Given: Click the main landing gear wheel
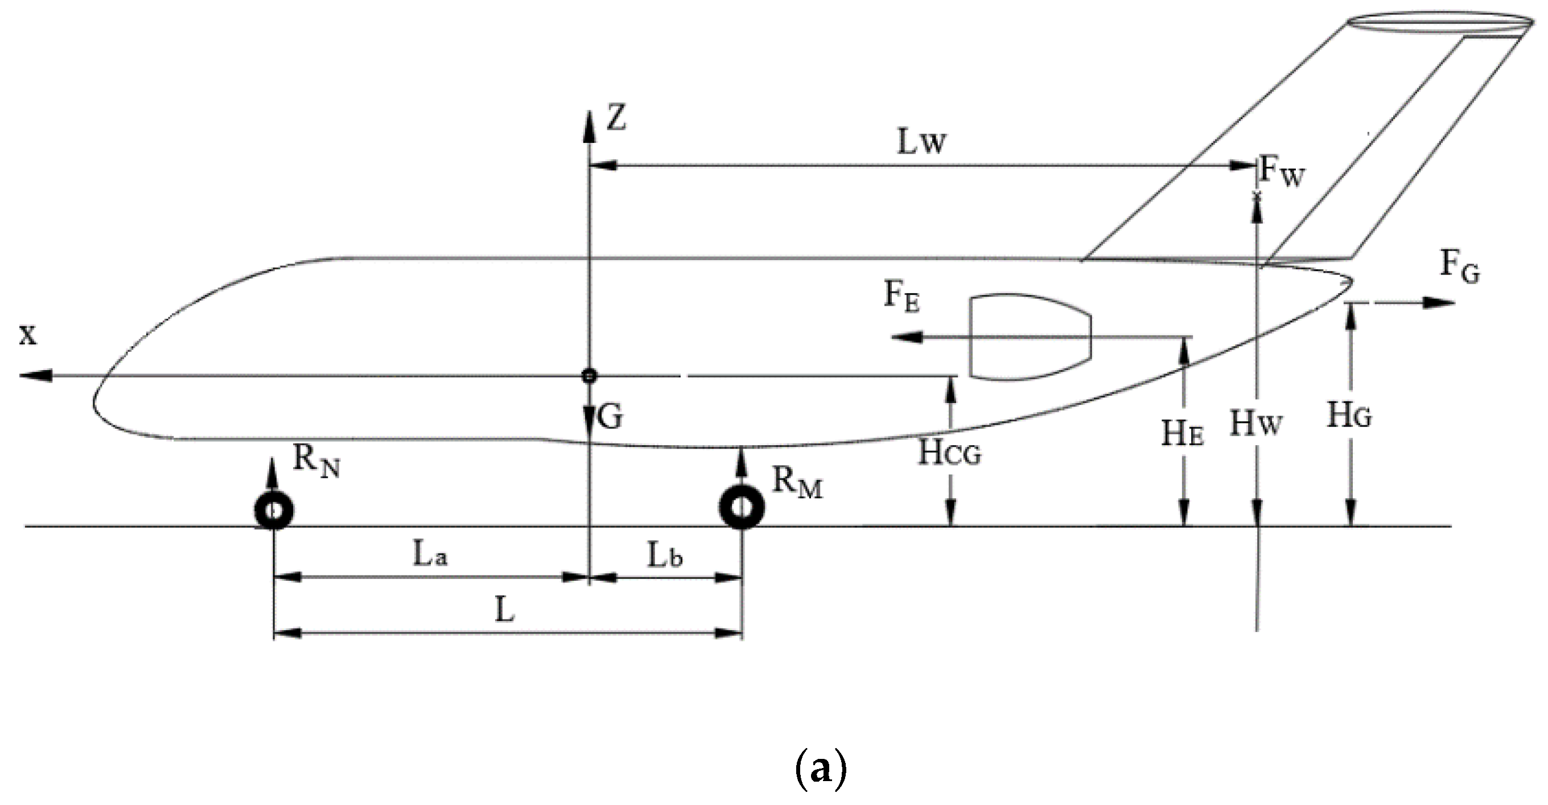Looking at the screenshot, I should [x=742, y=507].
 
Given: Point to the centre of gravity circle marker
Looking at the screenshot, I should [x=589, y=376].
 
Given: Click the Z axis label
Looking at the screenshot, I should [x=616, y=118].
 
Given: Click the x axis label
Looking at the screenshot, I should [x=28, y=334].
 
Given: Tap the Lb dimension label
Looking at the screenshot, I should [x=665, y=557].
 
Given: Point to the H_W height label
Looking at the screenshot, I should [x=1255, y=423].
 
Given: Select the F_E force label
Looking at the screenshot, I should [x=902, y=297].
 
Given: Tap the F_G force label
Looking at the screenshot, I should [x=1460, y=267].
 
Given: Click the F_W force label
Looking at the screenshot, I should [x=1282, y=171].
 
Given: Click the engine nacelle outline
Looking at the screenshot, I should [x=1031, y=337].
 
